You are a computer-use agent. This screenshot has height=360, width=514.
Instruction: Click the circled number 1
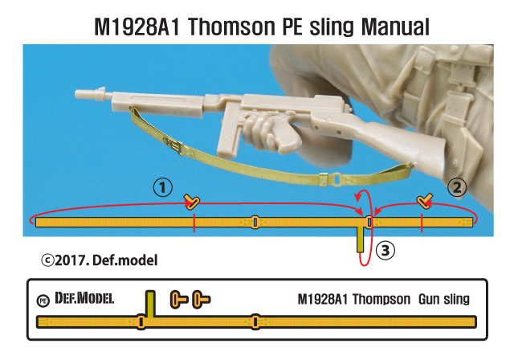point(163,187)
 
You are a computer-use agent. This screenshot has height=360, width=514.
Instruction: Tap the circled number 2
point(456,188)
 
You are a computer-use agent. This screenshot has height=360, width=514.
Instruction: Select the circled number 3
point(385,251)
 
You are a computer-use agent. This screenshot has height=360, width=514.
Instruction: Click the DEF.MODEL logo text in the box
point(84,299)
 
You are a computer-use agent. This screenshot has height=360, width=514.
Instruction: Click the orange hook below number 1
point(192,200)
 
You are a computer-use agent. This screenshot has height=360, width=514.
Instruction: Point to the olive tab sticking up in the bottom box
point(149,303)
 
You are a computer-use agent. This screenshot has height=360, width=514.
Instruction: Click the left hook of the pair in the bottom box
point(178,301)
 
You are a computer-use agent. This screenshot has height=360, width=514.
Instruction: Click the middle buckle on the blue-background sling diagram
point(255,221)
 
